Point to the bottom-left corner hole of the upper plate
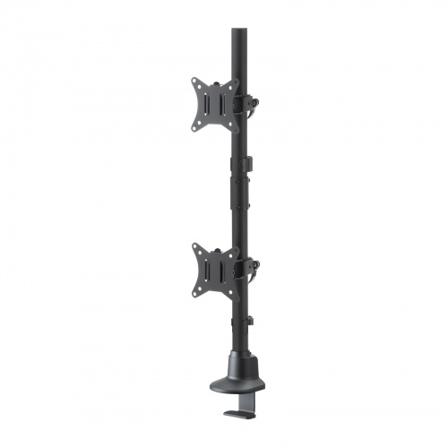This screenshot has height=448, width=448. [x=196, y=128]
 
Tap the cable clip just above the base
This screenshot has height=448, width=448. [x=250, y=320]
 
